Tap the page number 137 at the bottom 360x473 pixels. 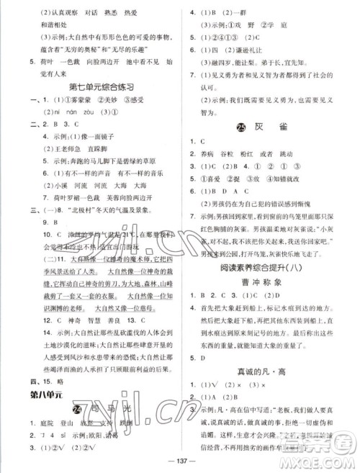(179, 463)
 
